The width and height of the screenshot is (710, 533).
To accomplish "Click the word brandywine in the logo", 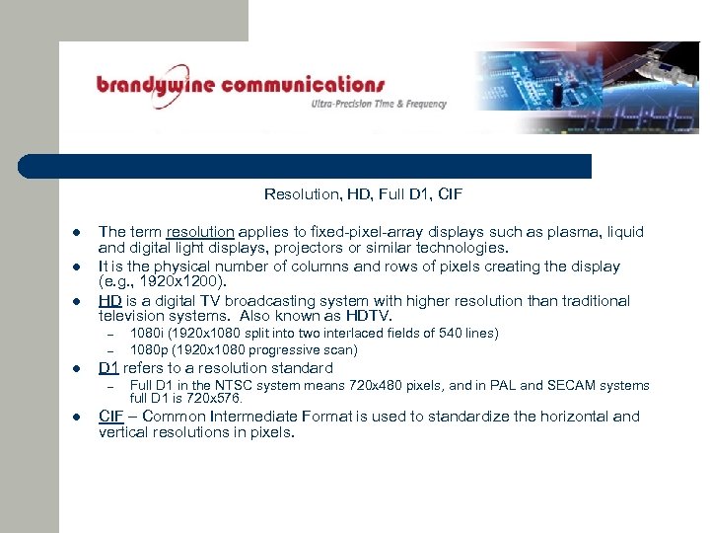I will (155, 85).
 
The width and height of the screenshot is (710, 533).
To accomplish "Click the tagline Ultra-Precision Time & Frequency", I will (379, 104).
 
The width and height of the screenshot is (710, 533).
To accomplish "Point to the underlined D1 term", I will (108, 368).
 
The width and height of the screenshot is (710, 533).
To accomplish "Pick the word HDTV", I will (369, 316).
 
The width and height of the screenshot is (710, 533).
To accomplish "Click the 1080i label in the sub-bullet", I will (146, 334).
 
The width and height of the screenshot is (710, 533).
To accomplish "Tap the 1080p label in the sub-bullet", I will (147, 349).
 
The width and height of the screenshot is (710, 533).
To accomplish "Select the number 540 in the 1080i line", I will (453, 334).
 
